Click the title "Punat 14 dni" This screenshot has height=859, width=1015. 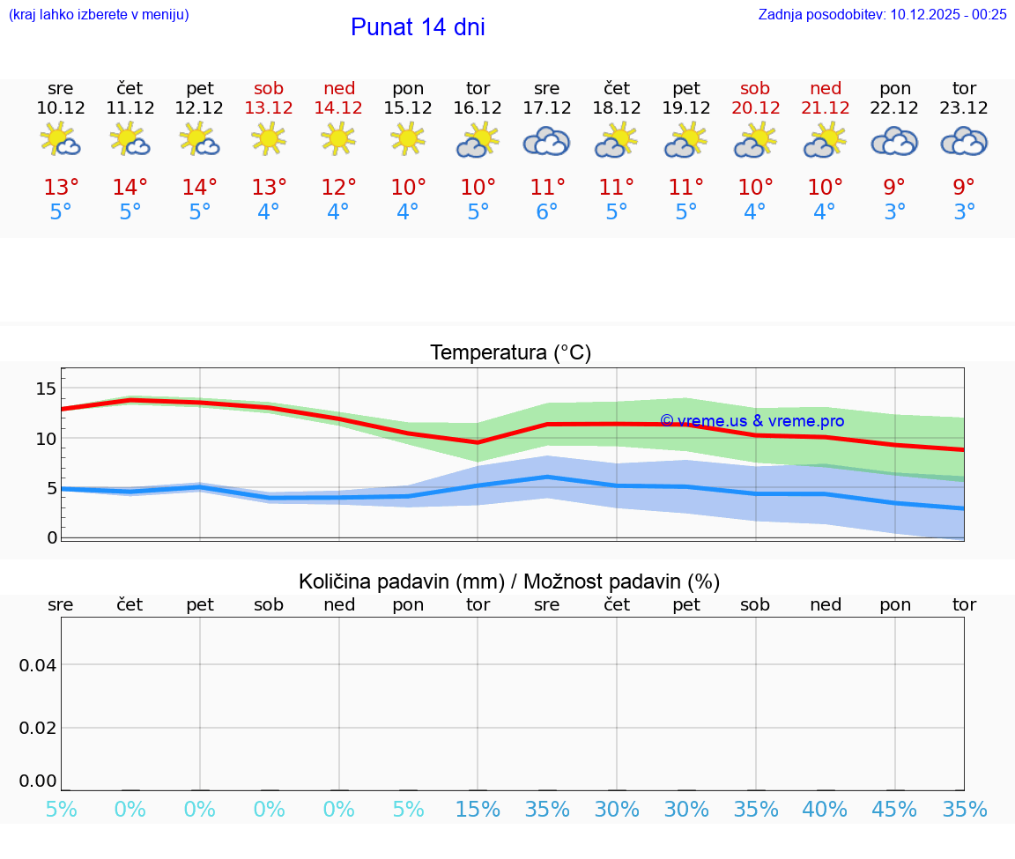coord(418,27)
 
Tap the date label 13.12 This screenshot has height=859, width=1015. coord(269,107)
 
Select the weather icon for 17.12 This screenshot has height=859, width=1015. coord(546,141)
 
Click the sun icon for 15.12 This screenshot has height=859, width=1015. coord(407,139)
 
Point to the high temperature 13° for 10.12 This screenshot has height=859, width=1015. coord(61,187)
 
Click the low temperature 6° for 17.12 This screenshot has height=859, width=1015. coord(546,211)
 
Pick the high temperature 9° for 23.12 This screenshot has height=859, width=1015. coord(964,187)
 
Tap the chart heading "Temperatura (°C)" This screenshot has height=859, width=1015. coord(510,352)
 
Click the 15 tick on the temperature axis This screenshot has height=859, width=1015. coord(46,389)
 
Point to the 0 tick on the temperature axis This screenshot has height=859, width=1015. coord(52,537)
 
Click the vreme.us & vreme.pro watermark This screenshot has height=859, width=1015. coord(752,421)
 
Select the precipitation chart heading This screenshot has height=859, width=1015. coord(509,581)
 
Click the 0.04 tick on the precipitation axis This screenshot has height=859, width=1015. coord(38,665)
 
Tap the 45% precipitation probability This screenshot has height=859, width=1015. coord(894,809)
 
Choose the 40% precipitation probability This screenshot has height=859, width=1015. coord(825,809)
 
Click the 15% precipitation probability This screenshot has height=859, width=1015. coord(478,809)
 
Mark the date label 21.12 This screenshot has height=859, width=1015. coord(825,107)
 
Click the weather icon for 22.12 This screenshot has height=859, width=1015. coord(894,141)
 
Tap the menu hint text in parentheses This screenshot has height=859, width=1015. coord(99,14)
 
